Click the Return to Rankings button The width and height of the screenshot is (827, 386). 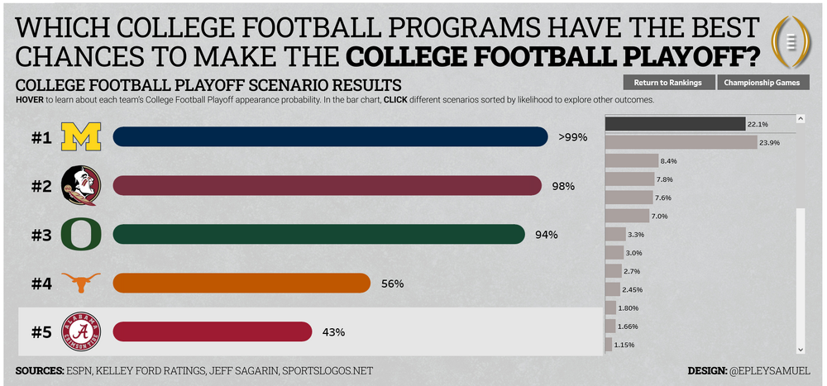coord(667,83)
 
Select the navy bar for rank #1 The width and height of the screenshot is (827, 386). coord(329,136)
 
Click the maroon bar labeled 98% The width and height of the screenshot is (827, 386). coord(327,186)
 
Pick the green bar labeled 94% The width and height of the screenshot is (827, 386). coord(318,235)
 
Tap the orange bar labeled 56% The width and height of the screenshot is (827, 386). coord(241,284)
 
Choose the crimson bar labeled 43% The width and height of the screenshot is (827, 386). coord(212,331)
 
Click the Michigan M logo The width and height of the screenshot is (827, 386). coord(81,137)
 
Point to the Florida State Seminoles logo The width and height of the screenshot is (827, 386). coord(81,186)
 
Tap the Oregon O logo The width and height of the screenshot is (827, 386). coord(81,235)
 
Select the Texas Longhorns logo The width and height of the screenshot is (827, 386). coord(81,284)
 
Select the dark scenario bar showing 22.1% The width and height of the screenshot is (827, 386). coord(675,124)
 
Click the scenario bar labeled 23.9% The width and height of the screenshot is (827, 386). coord(681,142)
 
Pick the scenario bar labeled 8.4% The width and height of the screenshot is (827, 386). coord(632,160)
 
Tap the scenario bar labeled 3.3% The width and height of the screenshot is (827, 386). coord(615,235)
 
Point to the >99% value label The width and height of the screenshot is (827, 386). coord(573,137)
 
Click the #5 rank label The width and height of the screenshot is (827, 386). coord(42,332)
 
